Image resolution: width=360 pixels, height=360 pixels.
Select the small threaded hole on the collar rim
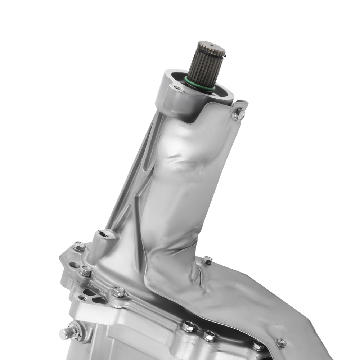click(177, 88)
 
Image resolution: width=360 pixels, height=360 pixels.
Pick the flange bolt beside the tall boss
click(79, 247)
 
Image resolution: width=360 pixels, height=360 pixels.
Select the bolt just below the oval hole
click(86, 271)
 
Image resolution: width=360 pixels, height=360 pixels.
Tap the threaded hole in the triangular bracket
click(84, 298)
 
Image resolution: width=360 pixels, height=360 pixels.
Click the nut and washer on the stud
click(75, 331)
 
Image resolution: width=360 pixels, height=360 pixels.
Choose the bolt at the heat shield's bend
click(207, 260)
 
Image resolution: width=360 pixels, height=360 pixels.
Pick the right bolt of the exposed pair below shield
click(209, 336)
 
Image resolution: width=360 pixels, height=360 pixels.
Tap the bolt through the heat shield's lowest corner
click(281, 342)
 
